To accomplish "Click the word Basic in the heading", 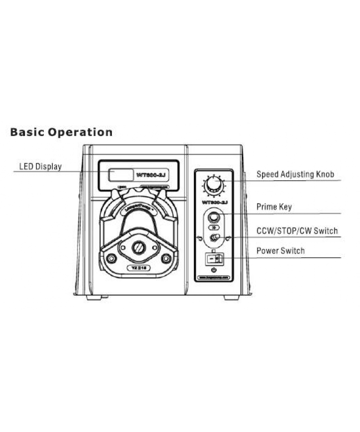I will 27,132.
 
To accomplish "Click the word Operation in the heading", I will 80,132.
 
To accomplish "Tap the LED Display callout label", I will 40,167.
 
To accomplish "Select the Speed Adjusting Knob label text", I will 295,175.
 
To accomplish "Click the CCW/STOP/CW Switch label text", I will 297,231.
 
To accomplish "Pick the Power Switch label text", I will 280,251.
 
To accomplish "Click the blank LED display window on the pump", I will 120,175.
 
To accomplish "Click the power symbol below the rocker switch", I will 214,272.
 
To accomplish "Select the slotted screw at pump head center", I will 139,247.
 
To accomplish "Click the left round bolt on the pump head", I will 112,259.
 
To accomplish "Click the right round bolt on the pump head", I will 167,259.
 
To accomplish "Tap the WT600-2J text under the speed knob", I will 215,204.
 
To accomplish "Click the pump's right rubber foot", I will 231,298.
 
